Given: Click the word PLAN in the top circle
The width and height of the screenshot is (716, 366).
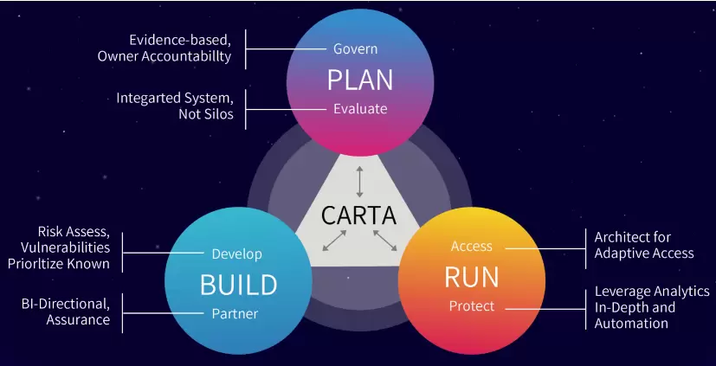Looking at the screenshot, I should [x=360, y=80].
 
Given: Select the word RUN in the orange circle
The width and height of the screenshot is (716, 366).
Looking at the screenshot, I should [x=472, y=277].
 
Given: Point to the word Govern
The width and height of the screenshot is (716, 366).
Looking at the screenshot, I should [x=356, y=49].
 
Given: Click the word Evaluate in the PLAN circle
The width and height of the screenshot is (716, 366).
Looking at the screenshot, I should [x=360, y=109].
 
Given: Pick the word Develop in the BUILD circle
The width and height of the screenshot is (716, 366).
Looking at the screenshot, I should [x=236, y=254].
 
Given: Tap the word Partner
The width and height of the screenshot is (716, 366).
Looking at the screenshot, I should [x=235, y=313].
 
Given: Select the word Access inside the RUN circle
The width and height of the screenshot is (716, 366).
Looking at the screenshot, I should [x=472, y=247].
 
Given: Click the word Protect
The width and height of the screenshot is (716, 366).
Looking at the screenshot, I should [x=472, y=306].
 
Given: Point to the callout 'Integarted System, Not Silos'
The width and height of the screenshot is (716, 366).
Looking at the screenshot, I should [x=175, y=106].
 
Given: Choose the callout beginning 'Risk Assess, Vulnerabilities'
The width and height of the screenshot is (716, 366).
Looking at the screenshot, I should [x=74, y=247].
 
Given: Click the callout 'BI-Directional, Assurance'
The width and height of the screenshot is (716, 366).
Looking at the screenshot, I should [x=66, y=311].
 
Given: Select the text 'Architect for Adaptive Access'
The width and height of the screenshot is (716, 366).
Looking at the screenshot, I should [x=643, y=245].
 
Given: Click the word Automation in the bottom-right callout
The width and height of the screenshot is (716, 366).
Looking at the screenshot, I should [x=631, y=324].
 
